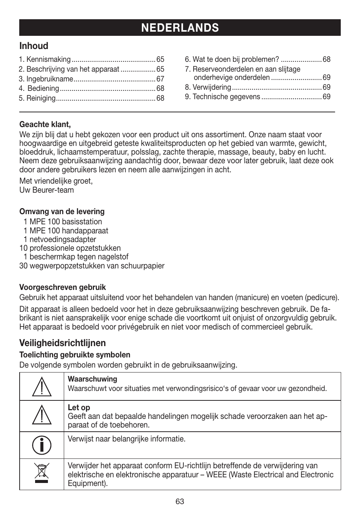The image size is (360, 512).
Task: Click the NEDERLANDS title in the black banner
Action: (180, 28)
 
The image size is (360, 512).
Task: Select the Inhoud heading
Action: (34, 46)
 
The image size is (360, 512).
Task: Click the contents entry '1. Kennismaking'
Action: (45, 60)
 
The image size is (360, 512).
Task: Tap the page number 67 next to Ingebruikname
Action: (160, 79)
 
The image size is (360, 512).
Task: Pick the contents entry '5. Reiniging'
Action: (37, 98)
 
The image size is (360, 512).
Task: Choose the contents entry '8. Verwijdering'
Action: (208, 87)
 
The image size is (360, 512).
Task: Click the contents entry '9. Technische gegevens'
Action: (223, 97)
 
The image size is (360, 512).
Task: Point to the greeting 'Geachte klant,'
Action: (45, 124)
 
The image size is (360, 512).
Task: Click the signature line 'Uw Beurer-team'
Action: (46, 190)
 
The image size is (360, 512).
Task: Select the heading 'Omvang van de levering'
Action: (62, 212)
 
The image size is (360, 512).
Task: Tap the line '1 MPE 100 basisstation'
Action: (63, 222)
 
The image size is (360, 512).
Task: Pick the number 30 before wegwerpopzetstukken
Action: (23, 266)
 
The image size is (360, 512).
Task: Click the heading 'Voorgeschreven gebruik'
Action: (63, 287)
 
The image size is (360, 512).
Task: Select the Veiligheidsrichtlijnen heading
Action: (63, 343)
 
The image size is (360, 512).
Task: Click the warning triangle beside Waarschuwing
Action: (42, 386)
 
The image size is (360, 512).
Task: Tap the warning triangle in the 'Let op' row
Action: (42, 416)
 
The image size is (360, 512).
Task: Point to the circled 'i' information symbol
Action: (42, 445)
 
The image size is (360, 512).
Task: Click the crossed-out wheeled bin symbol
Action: (42, 474)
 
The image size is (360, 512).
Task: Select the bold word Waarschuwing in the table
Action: (92, 379)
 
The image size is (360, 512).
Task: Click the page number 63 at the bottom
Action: (180, 501)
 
